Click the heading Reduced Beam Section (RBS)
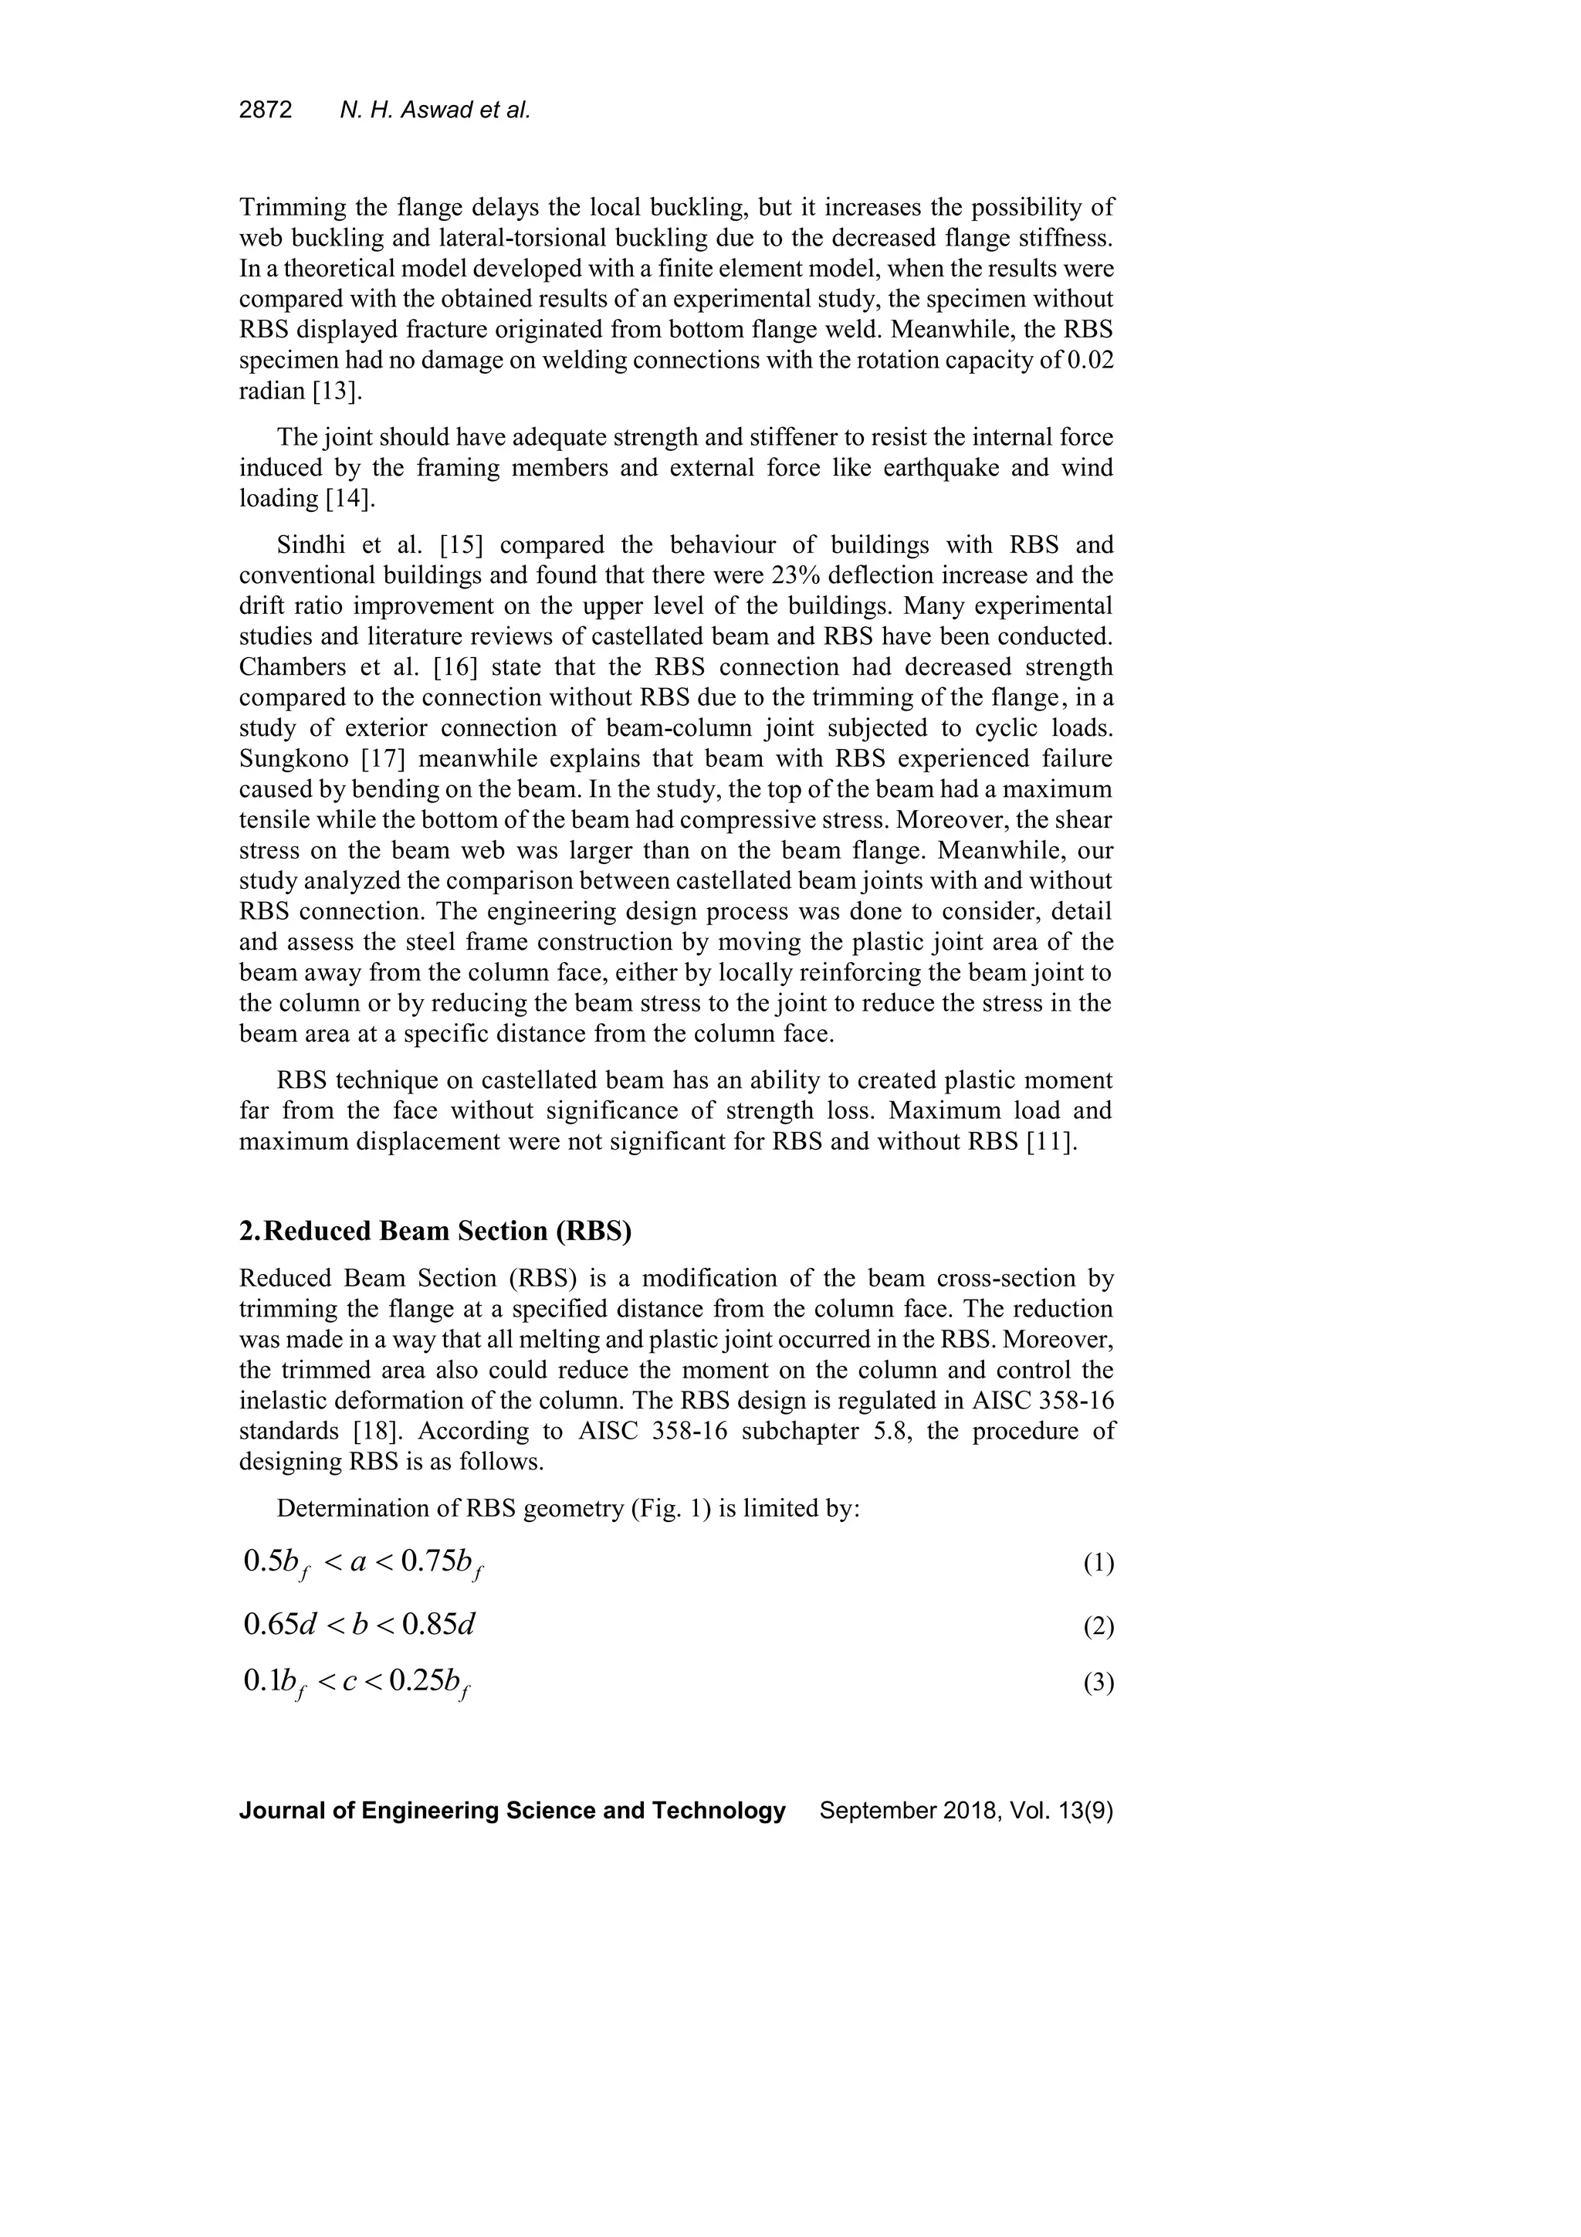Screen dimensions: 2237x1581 coord(447,1232)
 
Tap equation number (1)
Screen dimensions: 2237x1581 coord(1098,1564)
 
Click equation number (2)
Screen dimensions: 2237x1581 coord(1098,1626)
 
